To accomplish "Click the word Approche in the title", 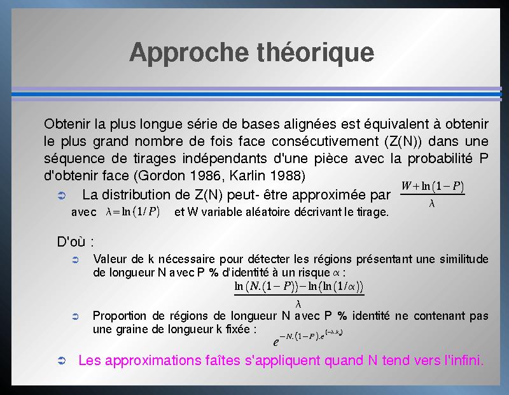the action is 189,53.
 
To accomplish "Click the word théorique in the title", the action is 316,52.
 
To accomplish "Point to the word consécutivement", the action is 325,141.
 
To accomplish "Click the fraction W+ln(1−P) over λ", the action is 433,194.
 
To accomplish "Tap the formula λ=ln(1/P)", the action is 133,212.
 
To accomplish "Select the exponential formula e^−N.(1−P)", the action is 308,338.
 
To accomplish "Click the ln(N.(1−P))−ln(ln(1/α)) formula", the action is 299,294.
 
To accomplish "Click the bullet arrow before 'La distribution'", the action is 62,196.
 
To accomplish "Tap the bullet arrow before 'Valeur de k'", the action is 75,260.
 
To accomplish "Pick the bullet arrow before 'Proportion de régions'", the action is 75,317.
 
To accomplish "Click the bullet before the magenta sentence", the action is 62,361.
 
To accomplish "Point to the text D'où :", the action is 75,242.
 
